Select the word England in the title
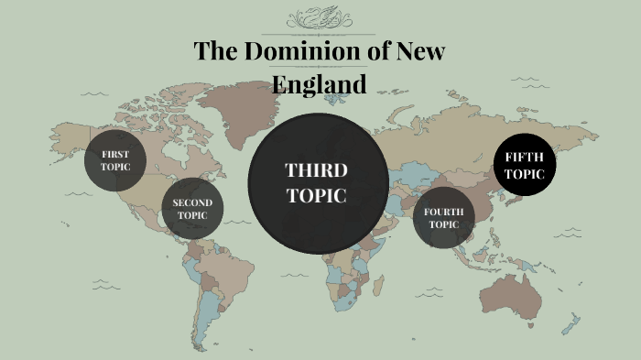[320, 83]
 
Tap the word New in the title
[418, 51]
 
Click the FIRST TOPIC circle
[115, 160]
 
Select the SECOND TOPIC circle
[192, 209]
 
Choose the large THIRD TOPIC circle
[316, 182]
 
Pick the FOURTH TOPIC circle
[443, 218]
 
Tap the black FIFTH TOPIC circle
[524, 166]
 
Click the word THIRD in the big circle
[316, 170]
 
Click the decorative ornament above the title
[319, 19]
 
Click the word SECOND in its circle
[192, 202]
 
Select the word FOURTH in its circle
[443, 212]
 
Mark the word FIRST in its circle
[115, 154]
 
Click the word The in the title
[215, 51]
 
